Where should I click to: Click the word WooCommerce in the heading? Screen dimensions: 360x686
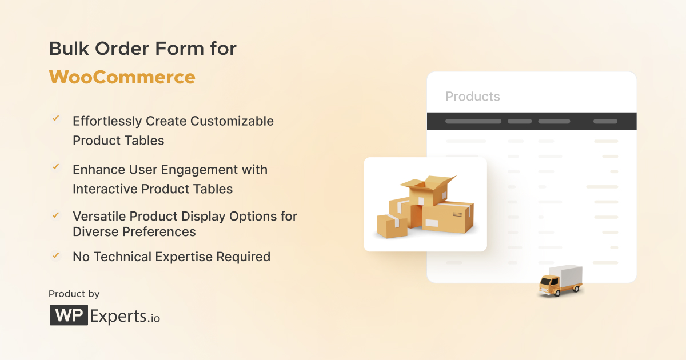click(x=122, y=77)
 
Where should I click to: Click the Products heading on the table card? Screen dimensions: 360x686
click(x=472, y=97)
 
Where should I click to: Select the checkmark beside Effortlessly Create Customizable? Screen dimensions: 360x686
click(x=56, y=119)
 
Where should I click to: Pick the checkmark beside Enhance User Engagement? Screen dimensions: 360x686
click(x=56, y=167)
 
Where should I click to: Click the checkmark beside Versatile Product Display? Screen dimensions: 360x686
click(x=56, y=215)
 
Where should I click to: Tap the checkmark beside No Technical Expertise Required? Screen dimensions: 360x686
click(x=56, y=255)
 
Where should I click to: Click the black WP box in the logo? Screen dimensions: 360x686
click(x=69, y=315)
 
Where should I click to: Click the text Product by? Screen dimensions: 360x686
click(x=74, y=294)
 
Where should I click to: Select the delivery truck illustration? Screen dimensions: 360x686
click(x=560, y=281)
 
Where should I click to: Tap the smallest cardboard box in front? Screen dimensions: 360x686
click(x=392, y=226)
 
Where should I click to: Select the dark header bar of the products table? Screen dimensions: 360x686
click(x=532, y=121)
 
